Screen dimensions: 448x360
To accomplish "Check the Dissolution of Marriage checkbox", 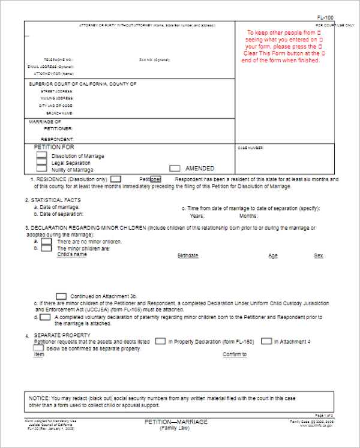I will (x=41, y=155).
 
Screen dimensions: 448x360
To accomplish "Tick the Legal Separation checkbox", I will (x=41, y=162).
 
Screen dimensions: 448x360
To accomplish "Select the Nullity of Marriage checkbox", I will (x=41, y=169).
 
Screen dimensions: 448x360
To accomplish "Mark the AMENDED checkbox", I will (x=175, y=169).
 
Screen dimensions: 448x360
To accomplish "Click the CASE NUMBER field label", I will (x=251, y=148).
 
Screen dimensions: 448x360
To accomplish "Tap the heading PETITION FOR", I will (x=54, y=147).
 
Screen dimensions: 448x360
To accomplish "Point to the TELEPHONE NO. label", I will (x=58, y=60).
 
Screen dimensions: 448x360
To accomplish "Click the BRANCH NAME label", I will (x=59, y=113).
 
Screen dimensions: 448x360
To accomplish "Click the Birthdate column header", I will (x=188, y=256).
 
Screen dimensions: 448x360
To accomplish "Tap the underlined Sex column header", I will (x=319, y=256).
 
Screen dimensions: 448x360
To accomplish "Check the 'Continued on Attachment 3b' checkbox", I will (x=61, y=296).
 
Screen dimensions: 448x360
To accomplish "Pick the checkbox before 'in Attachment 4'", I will (x=266, y=341).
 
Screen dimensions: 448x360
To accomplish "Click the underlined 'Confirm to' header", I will (x=235, y=354).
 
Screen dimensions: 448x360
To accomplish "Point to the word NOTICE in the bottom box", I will (x=40, y=398).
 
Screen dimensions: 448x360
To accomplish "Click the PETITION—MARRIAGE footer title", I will (x=176, y=422).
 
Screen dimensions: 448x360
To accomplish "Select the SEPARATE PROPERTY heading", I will (x=62, y=335).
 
